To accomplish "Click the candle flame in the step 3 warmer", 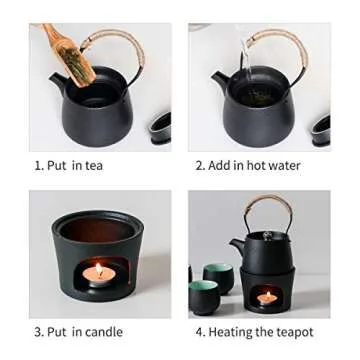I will [x=99, y=269].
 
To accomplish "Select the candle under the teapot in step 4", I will [x=268, y=296].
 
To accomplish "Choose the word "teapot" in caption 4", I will [x=293, y=331].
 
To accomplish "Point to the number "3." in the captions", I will [x=39, y=331].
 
